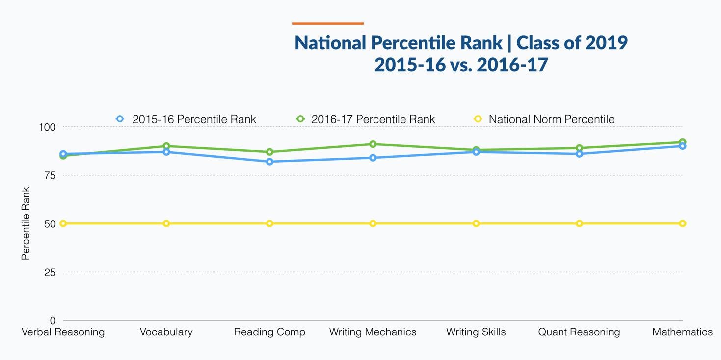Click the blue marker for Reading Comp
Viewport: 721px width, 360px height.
pyautogui.click(x=269, y=162)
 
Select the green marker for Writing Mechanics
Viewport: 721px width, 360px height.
pyautogui.click(x=373, y=144)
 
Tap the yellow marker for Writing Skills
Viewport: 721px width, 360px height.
pyautogui.click(x=476, y=223)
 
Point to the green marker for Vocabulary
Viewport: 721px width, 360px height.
pyautogui.click(x=166, y=146)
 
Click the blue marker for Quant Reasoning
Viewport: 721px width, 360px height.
pyautogui.click(x=579, y=154)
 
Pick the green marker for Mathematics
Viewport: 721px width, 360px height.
pyautogui.click(x=682, y=142)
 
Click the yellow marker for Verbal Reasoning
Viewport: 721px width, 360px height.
pyautogui.click(x=63, y=223)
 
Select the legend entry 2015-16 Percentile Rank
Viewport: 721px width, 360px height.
pyautogui.click(x=187, y=119)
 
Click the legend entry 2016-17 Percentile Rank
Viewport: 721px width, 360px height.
pyautogui.click(x=366, y=119)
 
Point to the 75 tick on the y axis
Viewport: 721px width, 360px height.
pyautogui.click(x=50, y=175)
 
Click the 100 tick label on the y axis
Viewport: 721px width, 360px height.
pyautogui.click(x=47, y=127)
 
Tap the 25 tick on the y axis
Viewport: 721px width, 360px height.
pyautogui.click(x=50, y=272)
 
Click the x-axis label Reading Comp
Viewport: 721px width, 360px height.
pyautogui.click(x=269, y=332)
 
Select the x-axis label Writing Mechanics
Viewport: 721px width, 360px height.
pyautogui.click(x=373, y=332)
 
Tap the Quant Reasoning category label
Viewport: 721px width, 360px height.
pyautogui.click(x=579, y=332)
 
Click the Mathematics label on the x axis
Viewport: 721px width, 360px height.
pyautogui.click(x=682, y=332)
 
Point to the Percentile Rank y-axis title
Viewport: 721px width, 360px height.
pyautogui.click(x=26, y=223)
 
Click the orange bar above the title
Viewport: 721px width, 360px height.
pyautogui.click(x=327, y=23)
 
